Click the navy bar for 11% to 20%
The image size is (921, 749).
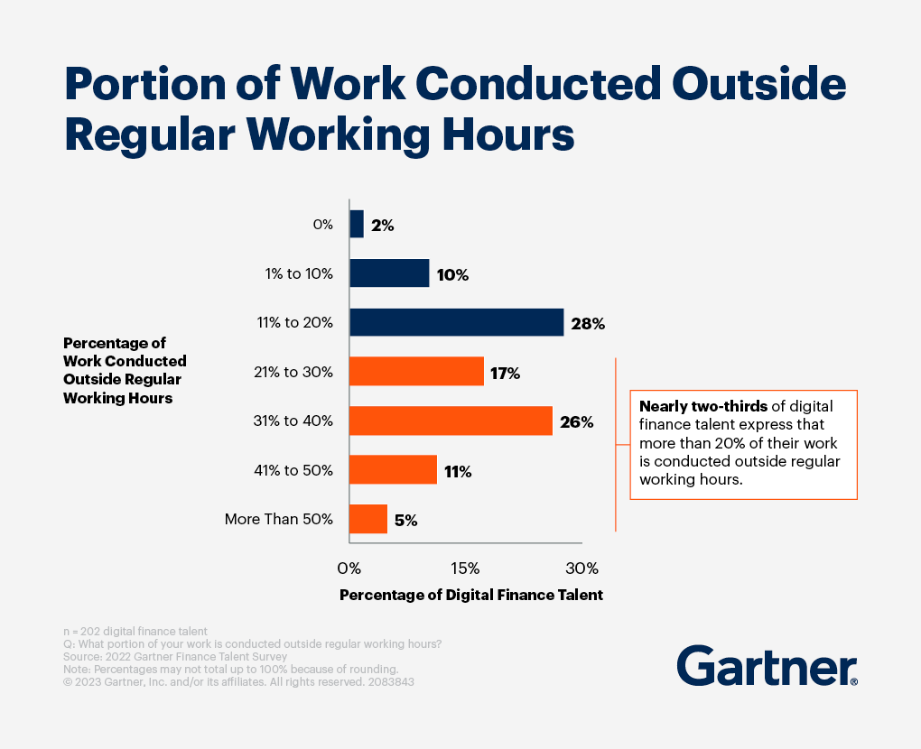click(x=456, y=322)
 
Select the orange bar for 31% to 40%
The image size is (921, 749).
click(x=451, y=421)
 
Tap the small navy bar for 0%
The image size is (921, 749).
click(x=356, y=224)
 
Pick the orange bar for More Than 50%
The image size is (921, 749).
click(x=368, y=519)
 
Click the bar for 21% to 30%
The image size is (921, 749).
click(x=416, y=371)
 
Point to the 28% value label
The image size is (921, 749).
click(x=588, y=324)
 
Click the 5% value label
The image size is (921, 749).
click(x=405, y=521)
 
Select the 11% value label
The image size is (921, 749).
click(x=458, y=471)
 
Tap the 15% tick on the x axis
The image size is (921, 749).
click(x=464, y=569)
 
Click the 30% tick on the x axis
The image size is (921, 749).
click(x=581, y=569)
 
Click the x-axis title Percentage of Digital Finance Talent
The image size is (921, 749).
click(x=470, y=596)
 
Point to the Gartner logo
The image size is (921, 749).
click(x=767, y=667)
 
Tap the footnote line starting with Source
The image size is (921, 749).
click(x=154, y=657)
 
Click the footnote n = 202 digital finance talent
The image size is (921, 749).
click(x=135, y=631)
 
